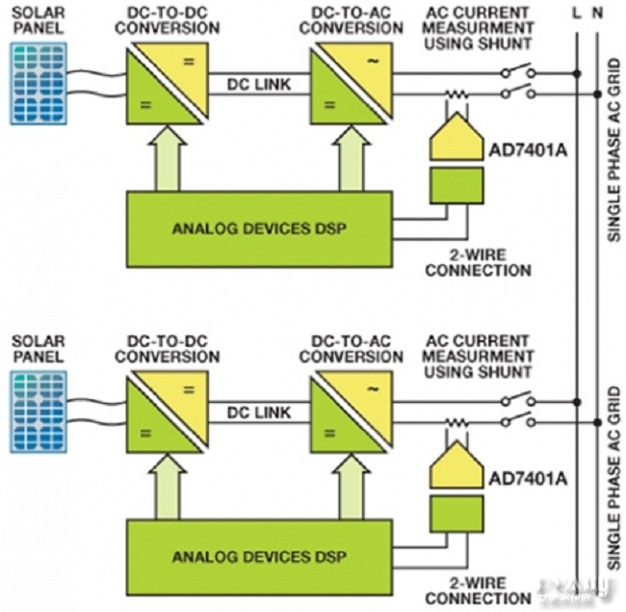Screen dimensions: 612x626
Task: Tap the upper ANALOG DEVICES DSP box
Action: (x=260, y=228)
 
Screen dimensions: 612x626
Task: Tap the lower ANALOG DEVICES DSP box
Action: (x=260, y=557)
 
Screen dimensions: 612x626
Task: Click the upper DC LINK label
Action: (x=253, y=86)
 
